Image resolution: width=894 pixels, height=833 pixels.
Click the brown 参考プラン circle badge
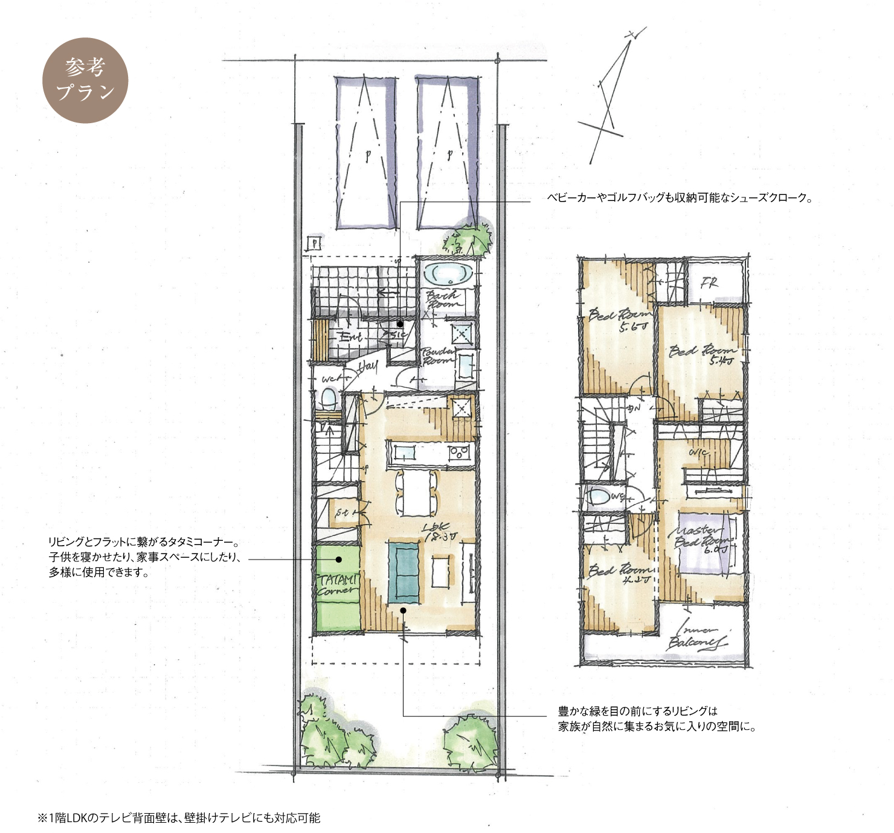click(x=85, y=80)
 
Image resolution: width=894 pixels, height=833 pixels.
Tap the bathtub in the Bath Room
click(x=448, y=275)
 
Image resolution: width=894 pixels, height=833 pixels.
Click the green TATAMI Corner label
click(x=337, y=584)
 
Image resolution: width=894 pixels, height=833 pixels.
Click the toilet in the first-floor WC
click(x=328, y=398)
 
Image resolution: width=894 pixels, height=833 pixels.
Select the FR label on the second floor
click(x=709, y=282)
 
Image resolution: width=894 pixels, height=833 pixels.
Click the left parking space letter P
click(x=367, y=155)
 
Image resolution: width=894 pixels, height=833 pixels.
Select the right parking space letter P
click(x=449, y=155)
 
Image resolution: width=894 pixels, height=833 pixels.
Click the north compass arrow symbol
click(x=611, y=97)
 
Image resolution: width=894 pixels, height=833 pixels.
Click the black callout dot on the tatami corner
click(x=339, y=560)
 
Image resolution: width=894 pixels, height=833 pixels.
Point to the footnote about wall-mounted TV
click(x=179, y=818)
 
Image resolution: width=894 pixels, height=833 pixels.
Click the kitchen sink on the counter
click(x=404, y=452)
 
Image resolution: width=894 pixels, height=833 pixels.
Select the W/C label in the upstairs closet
click(x=699, y=452)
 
